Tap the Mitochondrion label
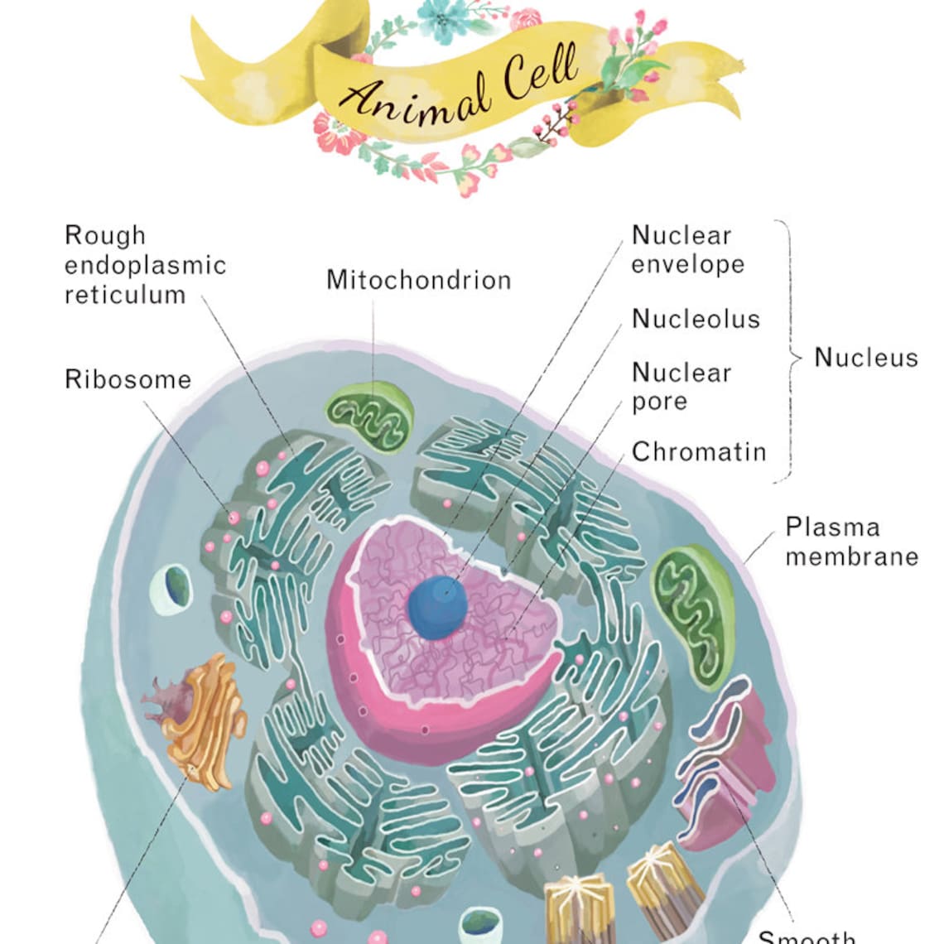(418, 280)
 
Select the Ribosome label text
(128, 379)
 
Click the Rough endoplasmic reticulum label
(145, 265)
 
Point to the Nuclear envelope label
(686, 249)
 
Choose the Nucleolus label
(695, 319)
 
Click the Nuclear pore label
(681, 387)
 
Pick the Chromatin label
(698, 452)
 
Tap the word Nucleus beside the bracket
(865, 358)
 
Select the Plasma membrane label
(851, 542)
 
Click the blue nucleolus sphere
(438, 607)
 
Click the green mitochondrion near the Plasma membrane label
(694, 614)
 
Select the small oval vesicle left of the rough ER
(171, 590)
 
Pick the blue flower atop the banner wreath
(445, 18)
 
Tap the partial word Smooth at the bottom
(807, 937)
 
